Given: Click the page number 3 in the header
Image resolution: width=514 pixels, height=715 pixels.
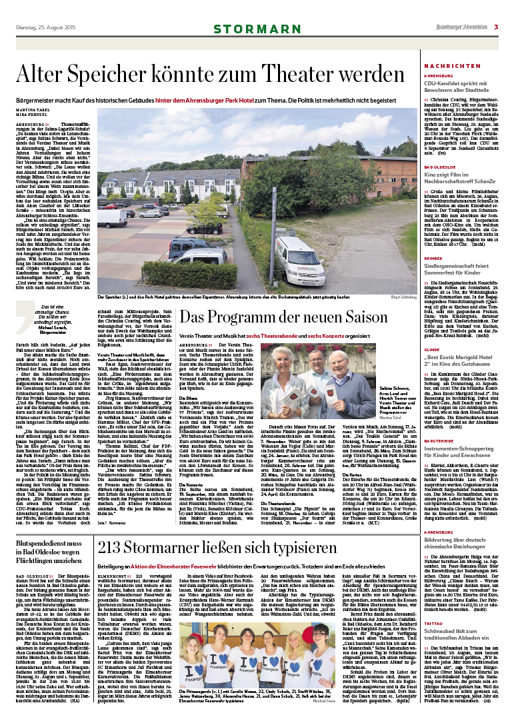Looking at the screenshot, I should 496,27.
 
